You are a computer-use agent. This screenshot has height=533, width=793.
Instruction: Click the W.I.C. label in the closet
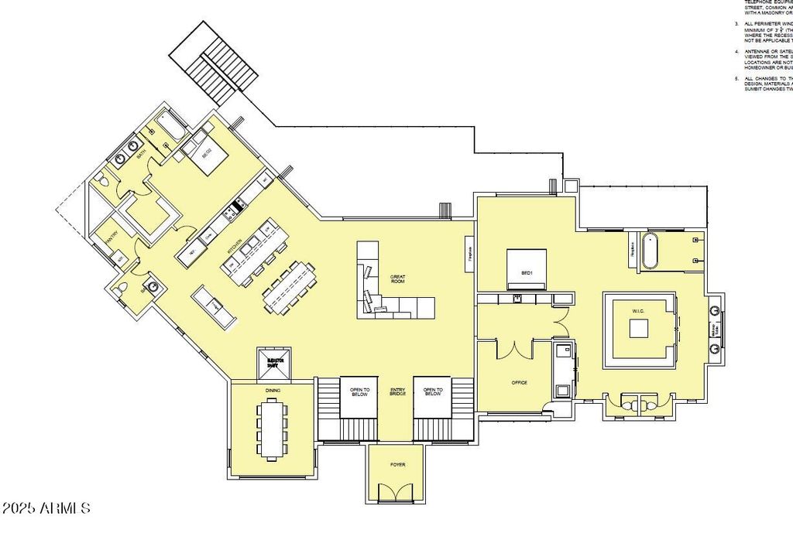[638, 311]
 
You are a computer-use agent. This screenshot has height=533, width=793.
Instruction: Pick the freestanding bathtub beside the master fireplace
[649, 250]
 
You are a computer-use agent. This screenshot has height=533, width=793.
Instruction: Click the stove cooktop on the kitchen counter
[236, 207]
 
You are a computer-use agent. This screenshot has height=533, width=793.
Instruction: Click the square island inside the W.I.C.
[639, 328]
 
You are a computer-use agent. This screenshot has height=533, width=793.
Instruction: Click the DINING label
[272, 391]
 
